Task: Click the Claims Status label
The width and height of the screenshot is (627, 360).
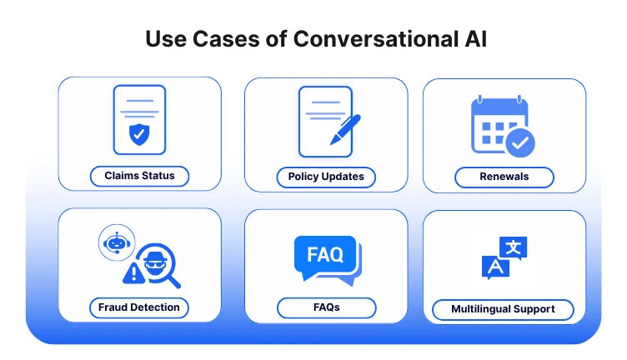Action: pos(140,176)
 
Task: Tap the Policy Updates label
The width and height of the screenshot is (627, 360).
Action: pos(326,177)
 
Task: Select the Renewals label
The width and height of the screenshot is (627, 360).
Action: pos(504,177)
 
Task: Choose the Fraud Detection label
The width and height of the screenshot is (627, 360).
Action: pos(139,307)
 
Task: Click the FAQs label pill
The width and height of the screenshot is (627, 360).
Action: pos(326,307)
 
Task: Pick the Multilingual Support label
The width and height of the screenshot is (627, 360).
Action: pos(503,309)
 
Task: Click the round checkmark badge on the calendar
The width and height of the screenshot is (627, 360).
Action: pos(520,142)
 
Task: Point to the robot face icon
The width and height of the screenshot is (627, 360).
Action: pos(116,242)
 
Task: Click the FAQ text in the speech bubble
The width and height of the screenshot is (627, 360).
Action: pos(325,254)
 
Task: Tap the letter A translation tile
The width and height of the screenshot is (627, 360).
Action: pos(494,267)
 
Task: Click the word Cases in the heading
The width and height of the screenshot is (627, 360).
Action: pos(216,39)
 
